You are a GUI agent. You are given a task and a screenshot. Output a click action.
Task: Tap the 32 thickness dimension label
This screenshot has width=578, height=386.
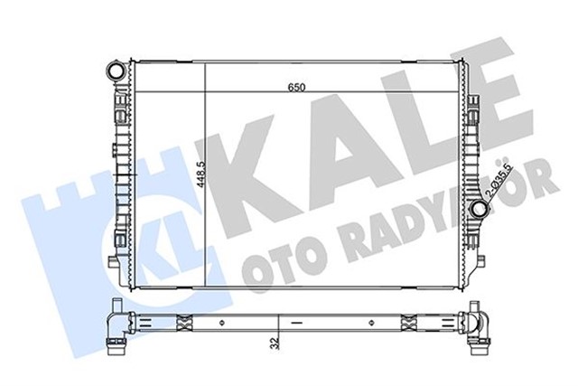[272, 344]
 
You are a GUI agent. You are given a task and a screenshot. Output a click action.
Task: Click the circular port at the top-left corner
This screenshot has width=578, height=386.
[115, 70]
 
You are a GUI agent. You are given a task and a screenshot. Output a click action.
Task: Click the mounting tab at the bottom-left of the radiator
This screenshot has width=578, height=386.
[113, 263]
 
